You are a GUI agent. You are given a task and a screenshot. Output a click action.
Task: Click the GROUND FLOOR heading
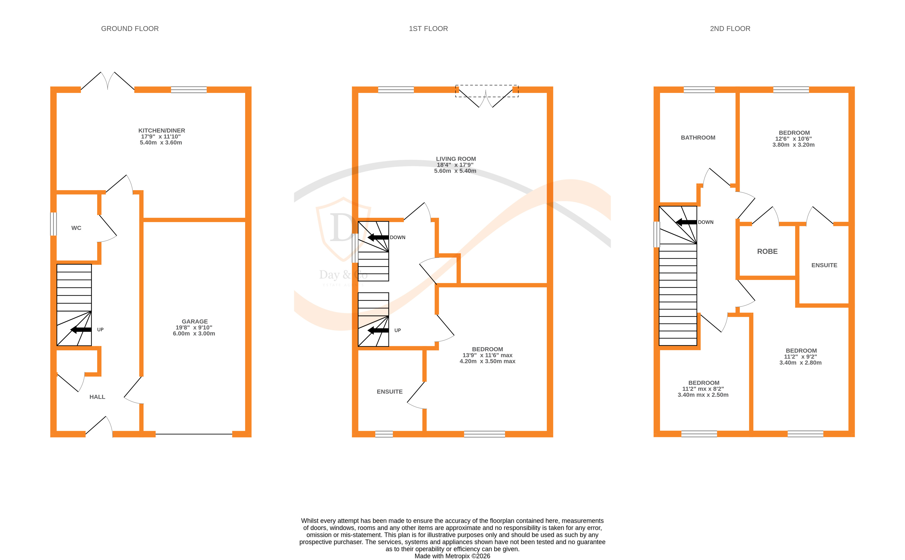click(130, 28)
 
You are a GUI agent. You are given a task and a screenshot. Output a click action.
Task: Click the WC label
click(76, 228)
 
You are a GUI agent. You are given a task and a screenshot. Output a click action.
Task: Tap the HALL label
click(97, 397)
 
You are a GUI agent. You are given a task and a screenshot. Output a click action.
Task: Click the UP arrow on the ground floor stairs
click(81, 330)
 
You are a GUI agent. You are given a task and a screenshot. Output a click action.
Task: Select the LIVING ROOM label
click(455, 159)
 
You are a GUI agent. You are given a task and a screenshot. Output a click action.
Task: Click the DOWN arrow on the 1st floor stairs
click(378, 237)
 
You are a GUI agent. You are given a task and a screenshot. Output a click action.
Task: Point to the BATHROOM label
click(698, 137)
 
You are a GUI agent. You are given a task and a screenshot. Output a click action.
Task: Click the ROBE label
click(767, 252)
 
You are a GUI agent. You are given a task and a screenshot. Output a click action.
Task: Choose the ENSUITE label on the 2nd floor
click(824, 265)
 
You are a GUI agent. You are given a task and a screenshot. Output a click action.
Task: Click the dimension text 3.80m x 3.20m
click(793, 145)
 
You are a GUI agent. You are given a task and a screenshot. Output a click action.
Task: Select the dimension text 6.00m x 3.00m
click(194, 333)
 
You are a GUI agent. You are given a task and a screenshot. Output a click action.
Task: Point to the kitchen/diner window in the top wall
click(189, 90)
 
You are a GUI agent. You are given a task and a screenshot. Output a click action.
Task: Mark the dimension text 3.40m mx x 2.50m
click(703, 395)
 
